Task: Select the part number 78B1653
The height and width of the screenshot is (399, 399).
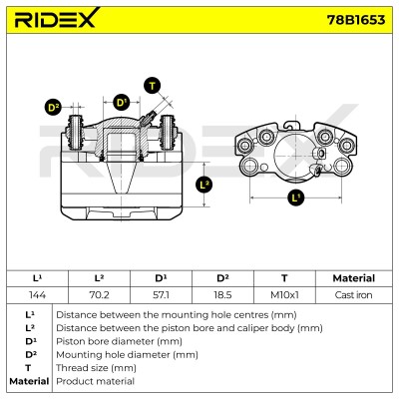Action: (x=356, y=20)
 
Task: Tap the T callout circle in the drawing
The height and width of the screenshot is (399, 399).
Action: (x=153, y=86)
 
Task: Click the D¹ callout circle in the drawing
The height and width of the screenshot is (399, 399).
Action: (x=122, y=103)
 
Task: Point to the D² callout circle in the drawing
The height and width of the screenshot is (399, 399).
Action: (x=53, y=108)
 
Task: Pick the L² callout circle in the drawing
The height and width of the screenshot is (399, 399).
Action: (x=204, y=185)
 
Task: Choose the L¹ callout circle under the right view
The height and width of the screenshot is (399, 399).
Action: (x=295, y=198)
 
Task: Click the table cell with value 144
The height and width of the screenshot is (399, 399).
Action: (x=37, y=295)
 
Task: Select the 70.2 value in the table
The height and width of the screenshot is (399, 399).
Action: (x=99, y=295)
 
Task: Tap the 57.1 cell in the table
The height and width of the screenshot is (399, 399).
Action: (x=161, y=295)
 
